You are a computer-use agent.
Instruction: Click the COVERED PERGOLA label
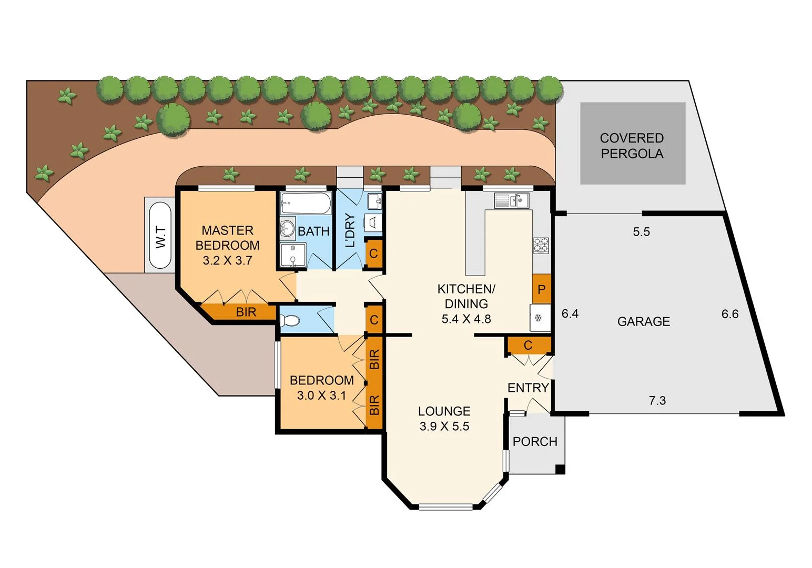632,146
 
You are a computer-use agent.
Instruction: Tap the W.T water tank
160,236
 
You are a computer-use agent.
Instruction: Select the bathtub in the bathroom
306,203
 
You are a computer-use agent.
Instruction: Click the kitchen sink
511,200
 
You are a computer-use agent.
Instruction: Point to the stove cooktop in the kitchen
541,246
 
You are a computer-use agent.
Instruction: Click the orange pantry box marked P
541,289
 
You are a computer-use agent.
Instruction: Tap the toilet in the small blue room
290,320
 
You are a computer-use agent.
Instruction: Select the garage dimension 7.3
657,401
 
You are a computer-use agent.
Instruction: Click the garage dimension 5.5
641,232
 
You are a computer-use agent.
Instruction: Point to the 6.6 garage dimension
729,314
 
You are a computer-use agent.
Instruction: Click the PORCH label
534,441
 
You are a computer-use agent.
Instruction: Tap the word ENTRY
527,388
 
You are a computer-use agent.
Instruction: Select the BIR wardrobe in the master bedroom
245,312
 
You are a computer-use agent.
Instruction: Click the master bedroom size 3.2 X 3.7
227,260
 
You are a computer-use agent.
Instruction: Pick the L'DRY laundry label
350,230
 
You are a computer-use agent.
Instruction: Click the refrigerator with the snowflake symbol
540,318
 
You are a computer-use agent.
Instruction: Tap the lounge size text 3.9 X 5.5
444,427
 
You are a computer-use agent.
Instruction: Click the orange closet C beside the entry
528,345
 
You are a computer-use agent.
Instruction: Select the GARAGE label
643,321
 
